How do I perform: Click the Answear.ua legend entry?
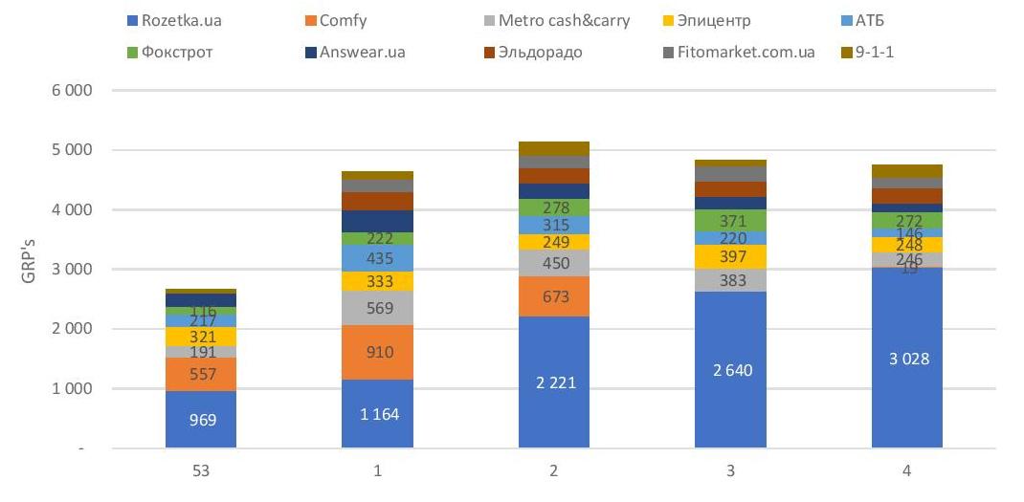359,52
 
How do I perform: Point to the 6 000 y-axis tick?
75,91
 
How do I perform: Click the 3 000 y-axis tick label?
75,270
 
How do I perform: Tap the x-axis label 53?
201,470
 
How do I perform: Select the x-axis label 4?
907,470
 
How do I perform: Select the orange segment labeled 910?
378,352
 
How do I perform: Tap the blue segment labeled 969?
201,420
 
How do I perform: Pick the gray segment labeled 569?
378,308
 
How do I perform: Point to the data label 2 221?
554,383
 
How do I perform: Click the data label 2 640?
731,370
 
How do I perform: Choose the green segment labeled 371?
731,221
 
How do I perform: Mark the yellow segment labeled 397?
731,257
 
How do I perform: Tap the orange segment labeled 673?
554,296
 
